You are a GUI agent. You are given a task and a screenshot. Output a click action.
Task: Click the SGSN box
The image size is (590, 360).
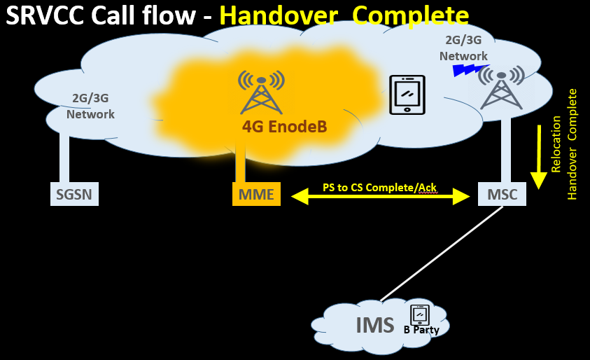74,194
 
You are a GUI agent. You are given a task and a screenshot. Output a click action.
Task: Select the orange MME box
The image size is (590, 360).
256,194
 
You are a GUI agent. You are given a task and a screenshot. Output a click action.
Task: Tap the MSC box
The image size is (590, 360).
502,194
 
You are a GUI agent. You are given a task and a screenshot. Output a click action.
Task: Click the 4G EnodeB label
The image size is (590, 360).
284,127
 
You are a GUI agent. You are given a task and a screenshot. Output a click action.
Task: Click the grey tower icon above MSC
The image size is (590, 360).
502,87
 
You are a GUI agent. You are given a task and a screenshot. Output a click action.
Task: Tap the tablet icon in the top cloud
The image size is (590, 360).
407,94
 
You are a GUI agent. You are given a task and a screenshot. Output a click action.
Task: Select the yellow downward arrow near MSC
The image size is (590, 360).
538,157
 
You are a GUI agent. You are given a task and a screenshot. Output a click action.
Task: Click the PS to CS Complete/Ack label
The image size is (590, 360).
380,187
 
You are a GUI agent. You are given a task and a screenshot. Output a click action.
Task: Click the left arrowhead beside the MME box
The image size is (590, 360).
300,197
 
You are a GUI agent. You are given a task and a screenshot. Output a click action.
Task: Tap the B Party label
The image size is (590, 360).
421,330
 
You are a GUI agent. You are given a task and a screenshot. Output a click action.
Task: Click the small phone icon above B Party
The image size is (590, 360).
419,314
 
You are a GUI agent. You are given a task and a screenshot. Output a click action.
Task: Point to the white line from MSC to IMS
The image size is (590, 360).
441,252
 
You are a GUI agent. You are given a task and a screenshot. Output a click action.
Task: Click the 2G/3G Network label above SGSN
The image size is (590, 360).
90,106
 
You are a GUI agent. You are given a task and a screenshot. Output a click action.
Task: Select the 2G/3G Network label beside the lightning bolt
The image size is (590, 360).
463,49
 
